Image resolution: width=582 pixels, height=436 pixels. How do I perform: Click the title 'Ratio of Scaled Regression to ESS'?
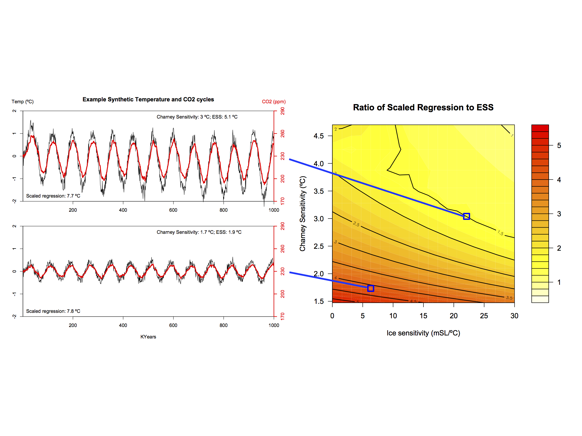point(423,107)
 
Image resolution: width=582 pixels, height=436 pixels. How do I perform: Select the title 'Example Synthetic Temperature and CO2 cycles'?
point(148,99)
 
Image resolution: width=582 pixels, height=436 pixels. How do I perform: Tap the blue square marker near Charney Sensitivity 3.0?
point(466,216)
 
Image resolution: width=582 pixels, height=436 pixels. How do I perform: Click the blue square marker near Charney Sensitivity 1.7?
point(371,288)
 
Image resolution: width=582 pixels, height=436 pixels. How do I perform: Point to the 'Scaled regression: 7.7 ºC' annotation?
point(53,196)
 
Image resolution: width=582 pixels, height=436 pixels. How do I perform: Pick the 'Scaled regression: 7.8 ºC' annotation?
point(53,311)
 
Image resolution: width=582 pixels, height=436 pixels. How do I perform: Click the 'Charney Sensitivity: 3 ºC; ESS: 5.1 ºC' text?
point(197,117)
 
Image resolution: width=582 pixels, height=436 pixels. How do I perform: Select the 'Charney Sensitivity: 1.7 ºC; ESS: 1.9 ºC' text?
point(199,232)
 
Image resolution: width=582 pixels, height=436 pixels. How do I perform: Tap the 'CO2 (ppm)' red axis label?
point(274,102)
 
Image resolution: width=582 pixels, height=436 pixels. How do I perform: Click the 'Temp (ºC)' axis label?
point(23,102)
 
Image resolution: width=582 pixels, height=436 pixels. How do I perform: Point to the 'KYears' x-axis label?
point(148,337)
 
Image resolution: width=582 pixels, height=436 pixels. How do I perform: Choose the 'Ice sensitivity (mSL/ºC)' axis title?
point(423,333)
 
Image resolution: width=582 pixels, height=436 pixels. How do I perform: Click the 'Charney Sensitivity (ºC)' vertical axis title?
point(303,214)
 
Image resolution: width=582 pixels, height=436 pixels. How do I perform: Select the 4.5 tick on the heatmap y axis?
point(319,136)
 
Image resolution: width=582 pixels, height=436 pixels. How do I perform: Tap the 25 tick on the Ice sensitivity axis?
point(484,316)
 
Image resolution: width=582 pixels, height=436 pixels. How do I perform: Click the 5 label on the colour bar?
point(559,146)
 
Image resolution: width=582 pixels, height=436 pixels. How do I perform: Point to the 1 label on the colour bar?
point(559,282)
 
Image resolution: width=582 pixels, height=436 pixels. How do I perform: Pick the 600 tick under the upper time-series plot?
point(173,210)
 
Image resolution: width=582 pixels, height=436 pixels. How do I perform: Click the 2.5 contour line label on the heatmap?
point(356,224)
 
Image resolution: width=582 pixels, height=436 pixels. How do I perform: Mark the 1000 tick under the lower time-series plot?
point(274,325)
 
